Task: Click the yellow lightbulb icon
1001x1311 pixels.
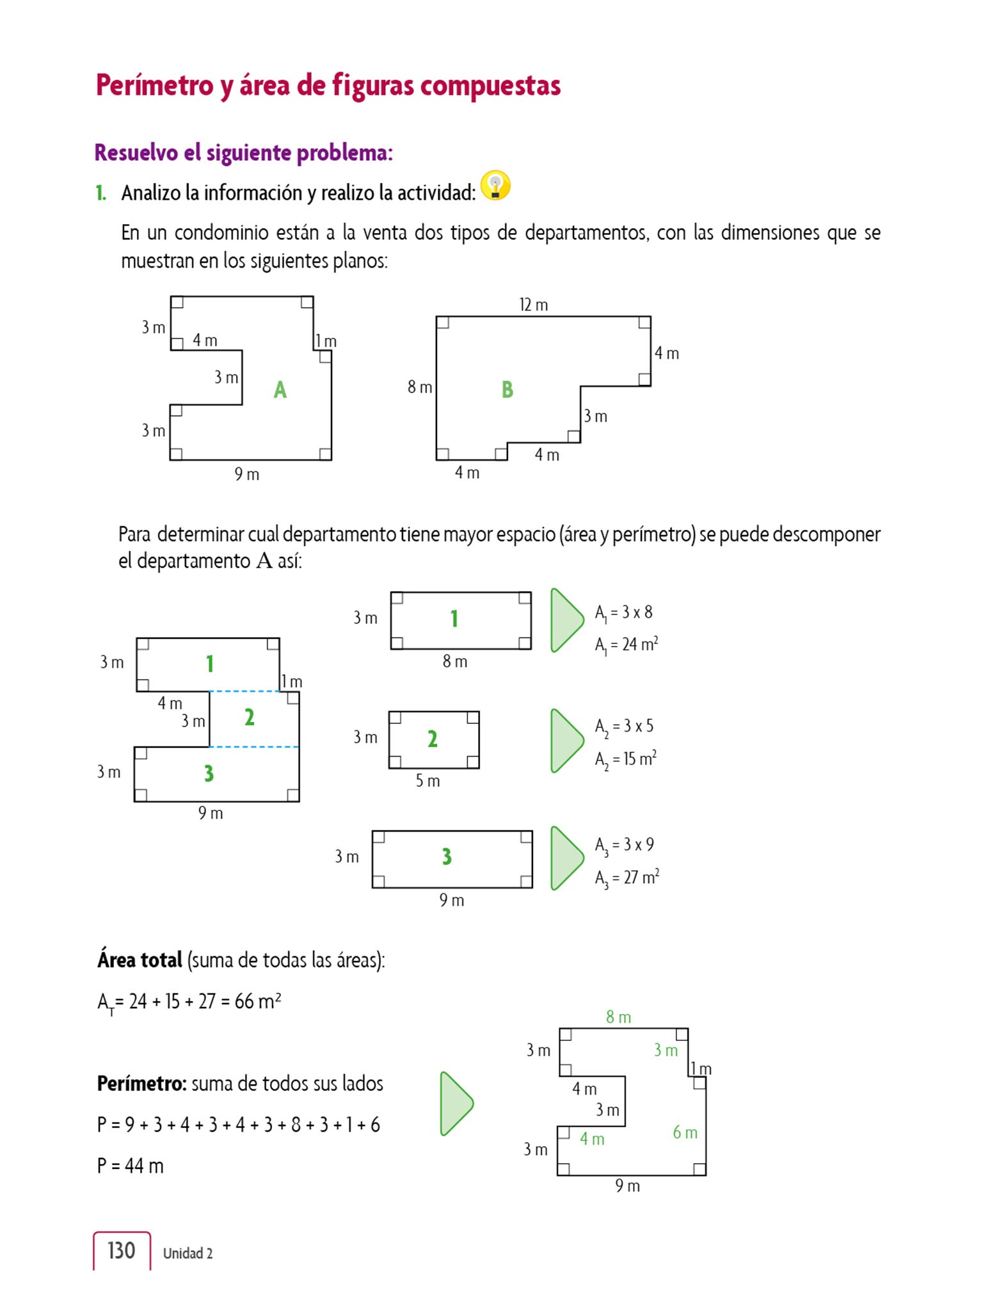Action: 495,186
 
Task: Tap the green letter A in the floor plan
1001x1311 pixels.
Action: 280,389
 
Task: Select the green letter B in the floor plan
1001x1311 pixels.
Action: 508,389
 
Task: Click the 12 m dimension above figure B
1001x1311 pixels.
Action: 533,305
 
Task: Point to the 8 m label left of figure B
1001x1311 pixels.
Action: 420,387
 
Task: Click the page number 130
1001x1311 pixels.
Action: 121,1251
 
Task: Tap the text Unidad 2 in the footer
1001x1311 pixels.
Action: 188,1253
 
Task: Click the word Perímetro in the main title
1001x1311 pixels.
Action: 154,85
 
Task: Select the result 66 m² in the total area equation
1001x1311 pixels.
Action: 257,1001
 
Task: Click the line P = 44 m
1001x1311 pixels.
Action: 131,1166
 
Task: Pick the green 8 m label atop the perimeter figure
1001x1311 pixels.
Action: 618,1017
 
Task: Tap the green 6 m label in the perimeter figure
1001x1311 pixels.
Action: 685,1132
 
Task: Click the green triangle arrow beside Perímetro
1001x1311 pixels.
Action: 456,1104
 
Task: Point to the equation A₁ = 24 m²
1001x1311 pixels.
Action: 626,645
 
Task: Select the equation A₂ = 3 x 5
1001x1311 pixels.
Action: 624,727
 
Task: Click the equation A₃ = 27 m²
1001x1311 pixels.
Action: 627,878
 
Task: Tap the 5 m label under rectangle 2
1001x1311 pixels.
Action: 428,780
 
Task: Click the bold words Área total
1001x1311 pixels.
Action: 140,960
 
